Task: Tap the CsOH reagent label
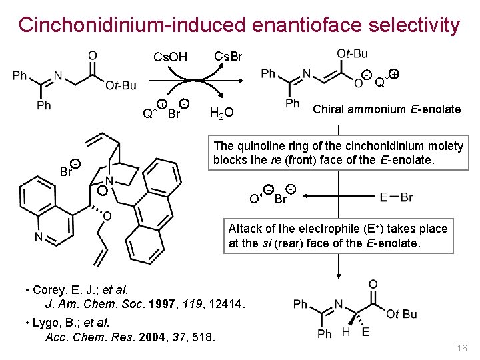tap(171, 57)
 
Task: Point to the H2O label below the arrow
tap(221, 113)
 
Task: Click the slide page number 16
tap(461, 349)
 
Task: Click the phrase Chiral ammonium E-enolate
tap(387, 109)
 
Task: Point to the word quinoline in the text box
tap(255, 146)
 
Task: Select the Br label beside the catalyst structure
tap(65, 172)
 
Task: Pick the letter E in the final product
tap(365, 331)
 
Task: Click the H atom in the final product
tap(345, 331)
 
